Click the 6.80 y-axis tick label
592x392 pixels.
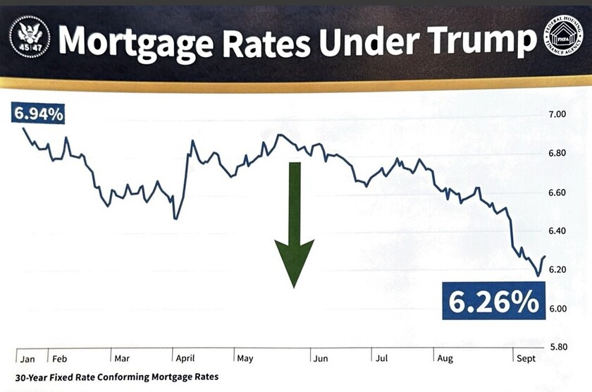pos(557,153)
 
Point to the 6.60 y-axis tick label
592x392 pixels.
pos(557,192)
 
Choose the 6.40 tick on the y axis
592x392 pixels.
pos(557,231)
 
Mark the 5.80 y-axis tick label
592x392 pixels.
pos(557,348)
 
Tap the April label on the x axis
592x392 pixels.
pos(185,358)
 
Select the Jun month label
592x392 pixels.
pos(321,358)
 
